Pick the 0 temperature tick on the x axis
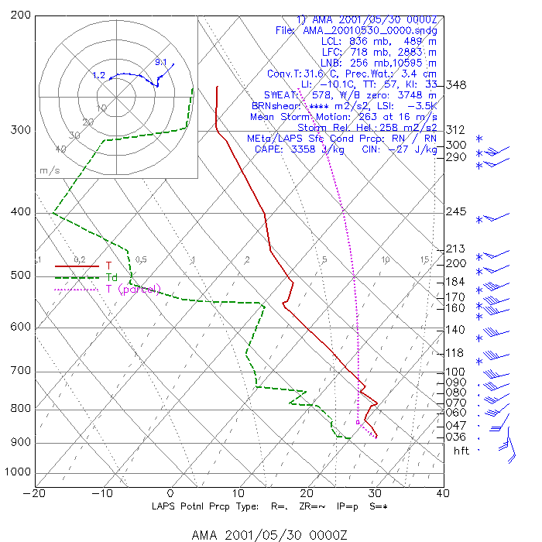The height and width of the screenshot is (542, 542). [x=171, y=492]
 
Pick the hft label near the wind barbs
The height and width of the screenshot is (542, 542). [x=461, y=451]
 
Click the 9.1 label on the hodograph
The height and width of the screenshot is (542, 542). [x=161, y=62]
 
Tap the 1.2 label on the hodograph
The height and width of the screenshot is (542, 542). [x=98, y=75]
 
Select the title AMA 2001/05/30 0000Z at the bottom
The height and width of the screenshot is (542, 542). [x=270, y=535]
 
